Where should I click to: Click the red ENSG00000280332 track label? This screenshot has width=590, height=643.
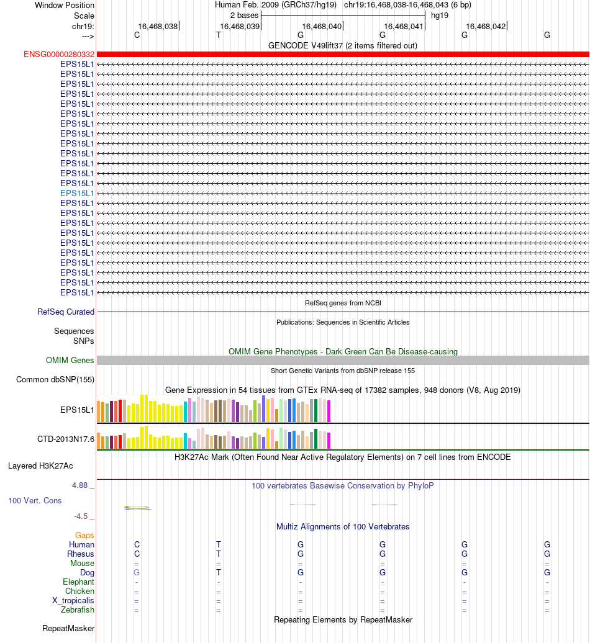[x=59, y=55]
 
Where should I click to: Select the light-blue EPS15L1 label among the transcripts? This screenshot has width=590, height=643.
[x=77, y=193]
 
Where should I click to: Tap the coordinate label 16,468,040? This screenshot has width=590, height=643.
[x=322, y=26]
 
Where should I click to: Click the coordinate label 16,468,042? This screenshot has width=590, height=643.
[x=486, y=26]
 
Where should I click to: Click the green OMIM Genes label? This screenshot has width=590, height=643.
[x=70, y=361]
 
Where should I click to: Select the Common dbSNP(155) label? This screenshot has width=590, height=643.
[x=55, y=380]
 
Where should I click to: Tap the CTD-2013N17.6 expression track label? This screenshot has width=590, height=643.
[x=66, y=439]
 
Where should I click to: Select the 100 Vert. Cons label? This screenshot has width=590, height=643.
[x=35, y=500]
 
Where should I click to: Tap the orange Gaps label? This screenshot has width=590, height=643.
[x=84, y=535]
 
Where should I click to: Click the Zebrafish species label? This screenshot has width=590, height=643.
[x=78, y=610]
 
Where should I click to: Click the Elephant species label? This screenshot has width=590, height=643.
[x=78, y=582]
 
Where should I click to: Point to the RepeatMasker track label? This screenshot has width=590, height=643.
[x=68, y=629]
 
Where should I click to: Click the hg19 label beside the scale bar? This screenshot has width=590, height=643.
[x=440, y=15]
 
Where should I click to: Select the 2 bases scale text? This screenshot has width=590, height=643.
[x=244, y=15]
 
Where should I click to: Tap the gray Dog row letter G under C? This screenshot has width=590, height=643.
[x=137, y=572]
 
